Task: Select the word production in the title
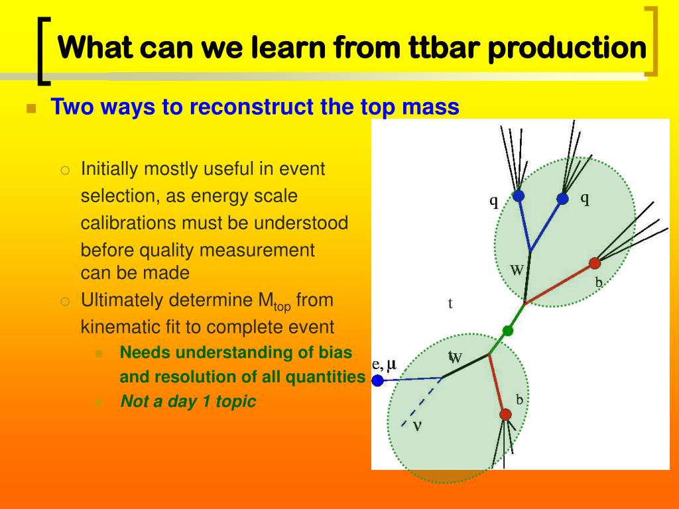point(568,48)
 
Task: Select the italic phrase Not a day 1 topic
point(188,401)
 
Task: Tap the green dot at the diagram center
point(507,331)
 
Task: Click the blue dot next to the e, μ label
point(377,381)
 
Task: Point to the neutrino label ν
point(417,426)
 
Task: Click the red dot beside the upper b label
point(595,262)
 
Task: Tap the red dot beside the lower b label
point(505,415)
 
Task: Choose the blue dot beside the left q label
point(519,196)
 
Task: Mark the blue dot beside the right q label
point(562,199)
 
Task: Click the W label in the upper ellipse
point(517,270)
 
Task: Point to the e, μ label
point(385,365)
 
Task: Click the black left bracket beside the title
point(44,50)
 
